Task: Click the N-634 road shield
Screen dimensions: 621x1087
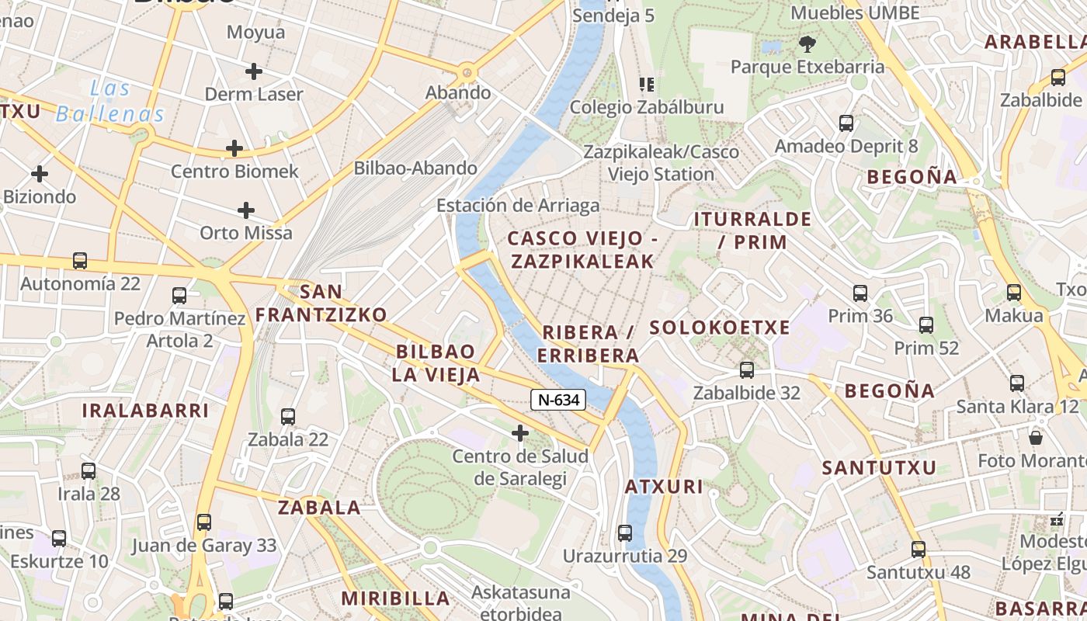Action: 557,400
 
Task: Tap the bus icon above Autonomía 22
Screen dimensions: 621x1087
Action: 80,261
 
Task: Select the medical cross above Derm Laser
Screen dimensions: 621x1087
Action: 253,71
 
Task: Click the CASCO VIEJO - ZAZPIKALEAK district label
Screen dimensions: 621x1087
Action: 582,249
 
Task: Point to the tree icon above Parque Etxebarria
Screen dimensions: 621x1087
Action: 807,43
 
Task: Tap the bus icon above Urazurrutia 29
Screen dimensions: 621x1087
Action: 625,533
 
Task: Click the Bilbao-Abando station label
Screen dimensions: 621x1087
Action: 415,168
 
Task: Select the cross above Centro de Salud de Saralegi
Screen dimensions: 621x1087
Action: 520,432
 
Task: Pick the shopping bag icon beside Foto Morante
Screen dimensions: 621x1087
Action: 1035,438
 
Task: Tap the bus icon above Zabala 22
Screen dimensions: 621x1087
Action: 288,417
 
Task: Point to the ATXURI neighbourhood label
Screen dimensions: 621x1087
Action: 664,487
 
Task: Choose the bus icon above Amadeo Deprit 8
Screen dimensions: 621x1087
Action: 846,123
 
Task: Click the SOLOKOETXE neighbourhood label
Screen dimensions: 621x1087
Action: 719,328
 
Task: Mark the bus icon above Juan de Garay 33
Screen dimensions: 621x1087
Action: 203,522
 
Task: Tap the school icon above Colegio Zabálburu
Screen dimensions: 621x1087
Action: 646,85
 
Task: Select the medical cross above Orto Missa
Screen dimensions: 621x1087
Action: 246,210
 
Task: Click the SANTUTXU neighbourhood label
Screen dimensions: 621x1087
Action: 879,467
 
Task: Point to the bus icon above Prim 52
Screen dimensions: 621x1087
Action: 926,325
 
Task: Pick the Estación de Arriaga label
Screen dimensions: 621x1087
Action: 518,206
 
